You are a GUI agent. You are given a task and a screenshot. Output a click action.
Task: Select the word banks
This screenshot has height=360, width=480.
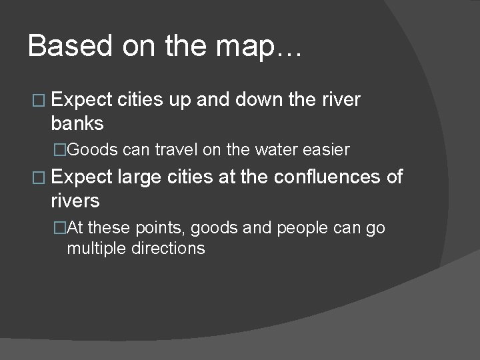77,123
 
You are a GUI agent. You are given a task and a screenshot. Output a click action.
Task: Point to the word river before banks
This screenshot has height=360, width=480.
341,100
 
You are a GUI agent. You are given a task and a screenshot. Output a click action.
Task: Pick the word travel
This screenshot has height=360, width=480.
177,150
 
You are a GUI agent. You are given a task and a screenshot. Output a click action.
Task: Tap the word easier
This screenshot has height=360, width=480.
326,150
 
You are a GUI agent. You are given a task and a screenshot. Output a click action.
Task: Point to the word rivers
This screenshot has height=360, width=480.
75,200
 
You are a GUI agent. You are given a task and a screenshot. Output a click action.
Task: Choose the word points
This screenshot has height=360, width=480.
161,227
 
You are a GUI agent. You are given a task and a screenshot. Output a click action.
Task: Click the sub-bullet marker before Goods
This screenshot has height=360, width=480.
61,150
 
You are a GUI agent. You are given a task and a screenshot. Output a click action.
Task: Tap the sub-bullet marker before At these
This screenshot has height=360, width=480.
61,227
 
